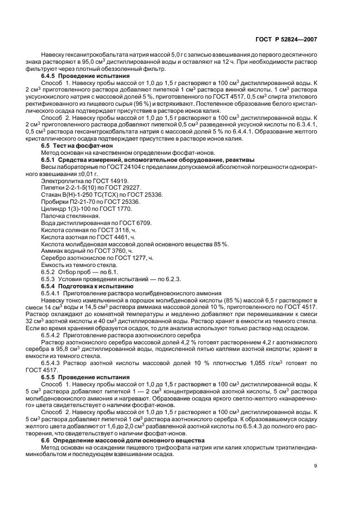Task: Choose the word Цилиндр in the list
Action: tap(53, 209)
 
